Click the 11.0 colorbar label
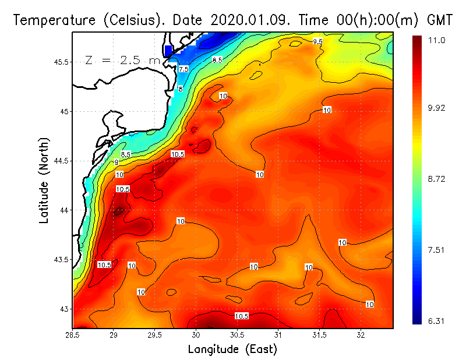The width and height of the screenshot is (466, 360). (x=437, y=40)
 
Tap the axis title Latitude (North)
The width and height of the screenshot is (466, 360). (x=44, y=181)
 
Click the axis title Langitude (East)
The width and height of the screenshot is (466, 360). (x=232, y=350)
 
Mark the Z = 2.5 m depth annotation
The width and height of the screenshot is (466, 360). (x=122, y=60)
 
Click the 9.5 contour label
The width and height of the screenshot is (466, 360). (x=317, y=41)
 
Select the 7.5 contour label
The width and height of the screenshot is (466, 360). (x=183, y=69)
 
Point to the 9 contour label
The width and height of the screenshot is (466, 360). (x=116, y=162)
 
